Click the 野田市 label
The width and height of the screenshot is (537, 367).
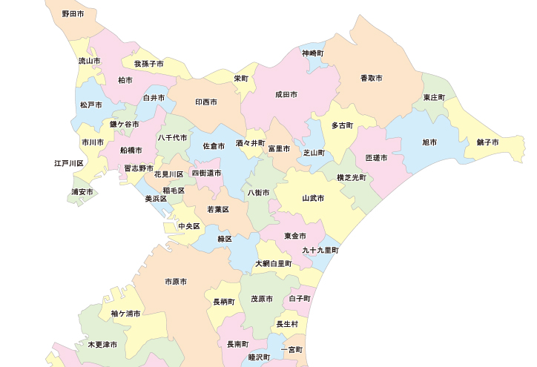(73, 14)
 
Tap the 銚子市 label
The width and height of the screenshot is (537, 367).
(488, 142)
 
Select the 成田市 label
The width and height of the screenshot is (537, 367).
(286, 95)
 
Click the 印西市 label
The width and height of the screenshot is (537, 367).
(206, 102)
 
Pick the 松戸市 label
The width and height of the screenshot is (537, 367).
(90, 105)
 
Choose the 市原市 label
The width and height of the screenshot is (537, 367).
(176, 282)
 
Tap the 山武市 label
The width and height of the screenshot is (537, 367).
(313, 198)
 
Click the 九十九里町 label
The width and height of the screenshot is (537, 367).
(320, 251)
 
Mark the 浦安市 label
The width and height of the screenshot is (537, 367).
(82, 192)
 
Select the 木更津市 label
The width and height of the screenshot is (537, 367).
(102, 345)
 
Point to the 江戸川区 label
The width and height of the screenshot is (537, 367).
(69, 163)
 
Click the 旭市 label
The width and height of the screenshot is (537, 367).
(429, 142)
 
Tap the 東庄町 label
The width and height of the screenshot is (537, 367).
(434, 98)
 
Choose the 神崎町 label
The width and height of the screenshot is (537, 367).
(312, 53)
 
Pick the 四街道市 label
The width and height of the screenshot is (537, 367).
(206, 173)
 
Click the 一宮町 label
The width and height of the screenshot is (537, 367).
(292, 348)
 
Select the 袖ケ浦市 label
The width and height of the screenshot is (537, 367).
(126, 314)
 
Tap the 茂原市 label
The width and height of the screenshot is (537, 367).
(262, 299)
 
